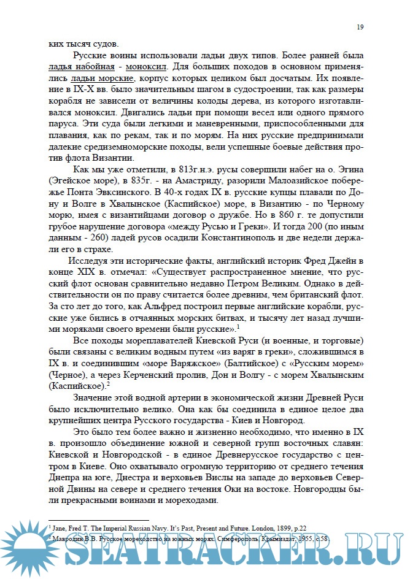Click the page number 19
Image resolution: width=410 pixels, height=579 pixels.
coord(360,28)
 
